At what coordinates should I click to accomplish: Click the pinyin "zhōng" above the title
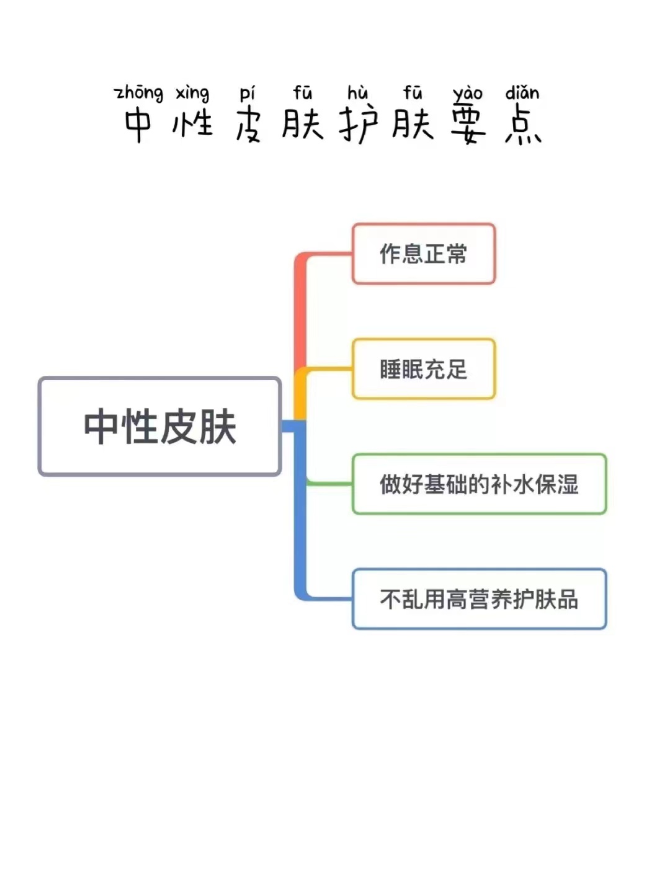pyautogui.click(x=139, y=93)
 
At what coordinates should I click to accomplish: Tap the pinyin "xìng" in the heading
pyautogui.click(x=192, y=93)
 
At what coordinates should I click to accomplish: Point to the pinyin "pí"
pyautogui.click(x=247, y=93)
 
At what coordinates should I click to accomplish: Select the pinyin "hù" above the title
pyautogui.click(x=358, y=93)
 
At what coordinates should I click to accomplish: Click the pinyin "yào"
pyautogui.click(x=468, y=93)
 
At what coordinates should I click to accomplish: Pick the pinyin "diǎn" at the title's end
pyautogui.click(x=522, y=93)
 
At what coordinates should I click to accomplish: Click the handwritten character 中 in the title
pyautogui.click(x=138, y=124)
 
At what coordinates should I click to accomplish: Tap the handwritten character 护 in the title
pyautogui.click(x=358, y=124)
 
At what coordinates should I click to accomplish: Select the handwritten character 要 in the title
pyautogui.click(x=468, y=124)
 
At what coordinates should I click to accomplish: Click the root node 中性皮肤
pyautogui.click(x=160, y=427)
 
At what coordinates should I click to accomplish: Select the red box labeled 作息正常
pyautogui.click(x=424, y=254)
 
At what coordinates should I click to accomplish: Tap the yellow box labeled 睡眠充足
pyautogui.click(x=424, y=369)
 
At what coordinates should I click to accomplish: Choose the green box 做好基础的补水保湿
pyautogui.click(x=479, y=484)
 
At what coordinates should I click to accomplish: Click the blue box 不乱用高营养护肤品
pyautogui.click(x=479, y=599)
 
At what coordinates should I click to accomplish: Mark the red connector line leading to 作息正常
pyautogui.click(x=301, y=310)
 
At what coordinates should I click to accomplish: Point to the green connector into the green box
pyautogui.click(x=329, y=482)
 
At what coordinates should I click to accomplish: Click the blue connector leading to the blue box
pyautogui.click(x=301, y=527)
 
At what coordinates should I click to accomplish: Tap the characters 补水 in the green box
pyautogui.click(x=512, y=484)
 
